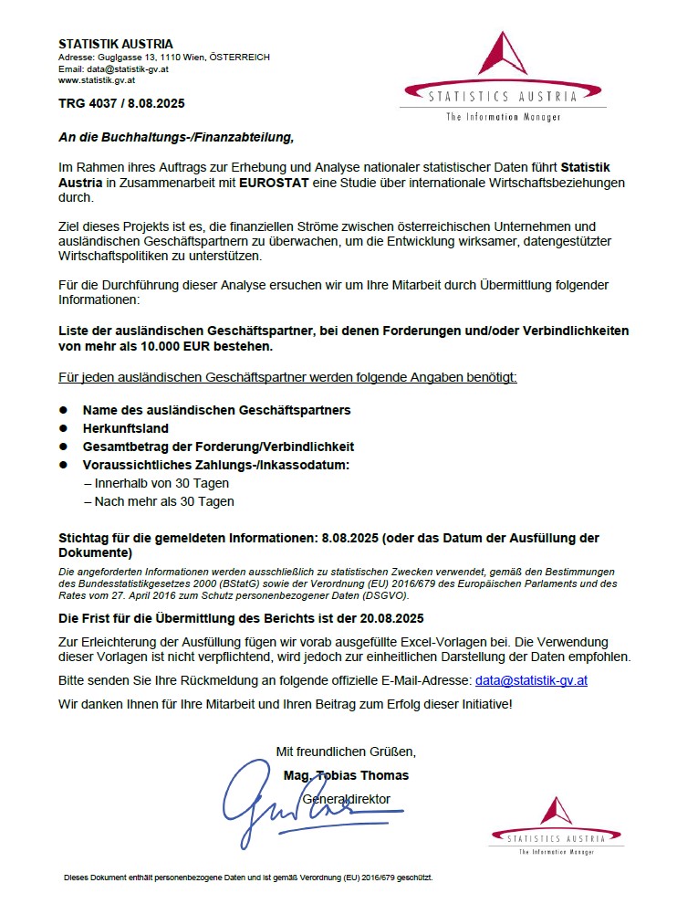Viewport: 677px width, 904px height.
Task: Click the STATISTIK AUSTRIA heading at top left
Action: coord(115,44)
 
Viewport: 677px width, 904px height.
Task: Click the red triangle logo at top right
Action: coord(504,56)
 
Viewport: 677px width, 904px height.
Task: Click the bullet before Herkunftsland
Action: coord(64,428)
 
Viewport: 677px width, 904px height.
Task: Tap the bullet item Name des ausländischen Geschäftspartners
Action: coord(216,410)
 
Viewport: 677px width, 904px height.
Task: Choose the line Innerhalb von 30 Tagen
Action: coord(156,483)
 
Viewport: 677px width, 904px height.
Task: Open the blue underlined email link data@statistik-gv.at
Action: coord(531,680)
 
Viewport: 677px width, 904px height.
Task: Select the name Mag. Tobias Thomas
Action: coord(346,775)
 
